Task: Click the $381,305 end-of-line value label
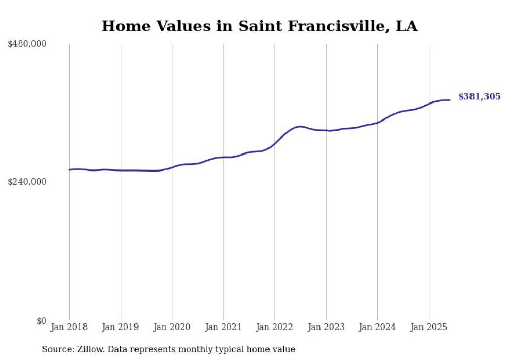(479, 96)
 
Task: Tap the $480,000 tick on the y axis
(27, 44)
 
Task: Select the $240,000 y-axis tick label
(27, 182)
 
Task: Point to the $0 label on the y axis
(41, 321)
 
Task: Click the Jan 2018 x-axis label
(69, 327)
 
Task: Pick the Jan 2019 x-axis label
(121, 327)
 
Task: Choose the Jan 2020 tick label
(172, 327)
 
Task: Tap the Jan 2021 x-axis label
(223, 327)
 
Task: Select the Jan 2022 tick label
(275, 327)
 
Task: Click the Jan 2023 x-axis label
(326, 327)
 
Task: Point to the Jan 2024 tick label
(377, 327)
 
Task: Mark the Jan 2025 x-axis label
(429, 327)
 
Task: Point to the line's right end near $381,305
(450, 100)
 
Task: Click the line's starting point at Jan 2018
(69, 170)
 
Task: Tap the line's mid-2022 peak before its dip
(300, 126)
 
